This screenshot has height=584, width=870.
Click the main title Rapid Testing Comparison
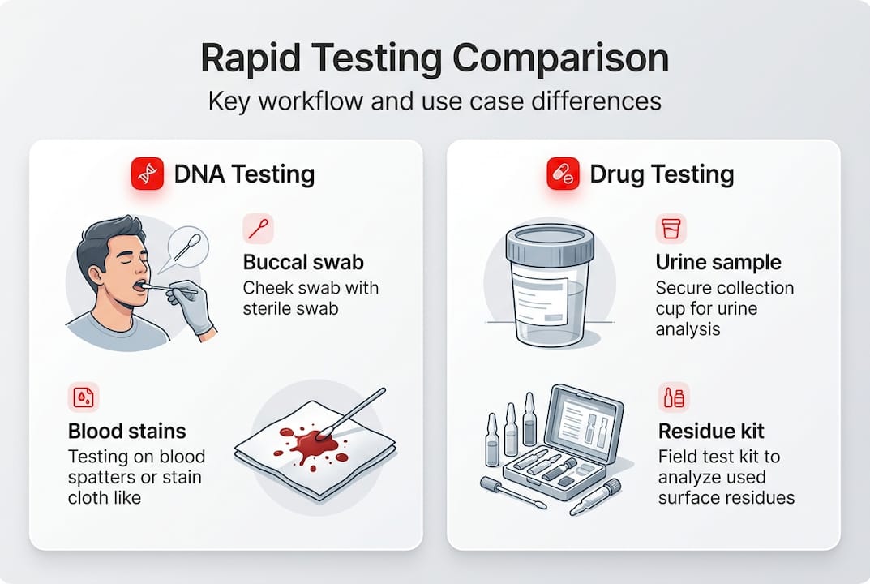pos(435,61)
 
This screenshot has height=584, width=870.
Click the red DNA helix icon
pos(147,174)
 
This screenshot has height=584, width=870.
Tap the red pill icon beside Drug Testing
pos(563,174)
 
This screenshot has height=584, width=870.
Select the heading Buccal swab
pos(303,263)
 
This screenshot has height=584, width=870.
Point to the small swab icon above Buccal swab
pos(258,230)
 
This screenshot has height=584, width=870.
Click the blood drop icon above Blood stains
pos(84,397)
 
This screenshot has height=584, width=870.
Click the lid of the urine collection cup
pos(550,243)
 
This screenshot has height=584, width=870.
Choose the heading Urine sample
pos(718,263)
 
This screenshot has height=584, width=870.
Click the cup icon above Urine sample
pos(671,230)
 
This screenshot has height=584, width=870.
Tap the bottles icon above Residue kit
pos(673,397)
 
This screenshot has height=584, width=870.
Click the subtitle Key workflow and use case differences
pos(435,101)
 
